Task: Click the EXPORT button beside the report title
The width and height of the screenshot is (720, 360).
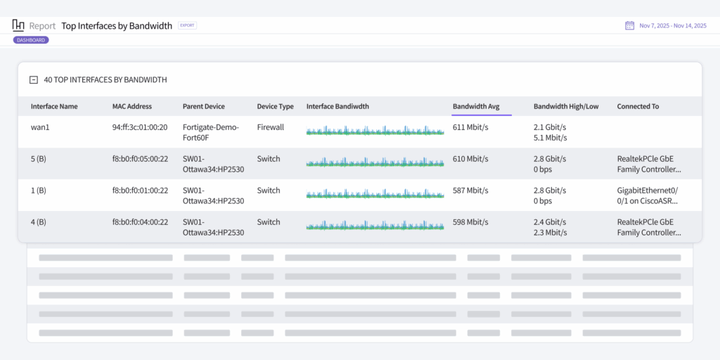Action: tap(187, 25)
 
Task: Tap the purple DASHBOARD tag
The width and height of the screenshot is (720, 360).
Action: tap(31, 40)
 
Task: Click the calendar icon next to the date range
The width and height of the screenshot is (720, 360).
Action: tap(630, 25)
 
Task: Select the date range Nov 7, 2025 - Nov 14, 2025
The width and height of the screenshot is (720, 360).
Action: tap(673, 26)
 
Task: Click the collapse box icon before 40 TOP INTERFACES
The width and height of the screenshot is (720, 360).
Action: tap(33, 80)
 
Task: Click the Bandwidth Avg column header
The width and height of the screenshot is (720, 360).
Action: tap(476, 106)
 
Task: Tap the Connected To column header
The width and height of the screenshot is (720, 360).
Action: tap(638, 106)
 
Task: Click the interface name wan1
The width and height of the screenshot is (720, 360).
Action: tap(39, 127)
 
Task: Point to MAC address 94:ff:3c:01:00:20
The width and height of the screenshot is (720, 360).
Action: tap(140, 127)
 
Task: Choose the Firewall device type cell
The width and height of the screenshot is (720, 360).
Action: tap(271, 127)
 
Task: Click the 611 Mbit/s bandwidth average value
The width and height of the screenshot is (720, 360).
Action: tap(470, 127)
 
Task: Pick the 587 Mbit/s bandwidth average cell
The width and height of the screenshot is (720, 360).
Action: tap(470, 191)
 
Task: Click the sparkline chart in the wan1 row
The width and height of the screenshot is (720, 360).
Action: tap(375, 131)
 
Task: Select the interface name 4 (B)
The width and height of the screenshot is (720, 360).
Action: tap(39, 222)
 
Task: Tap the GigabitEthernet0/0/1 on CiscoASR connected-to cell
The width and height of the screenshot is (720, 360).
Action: tap(648, 195)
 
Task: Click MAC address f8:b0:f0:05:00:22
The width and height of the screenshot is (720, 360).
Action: tap(140, 159)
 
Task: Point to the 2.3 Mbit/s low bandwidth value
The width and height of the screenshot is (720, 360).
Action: tap(551, 232)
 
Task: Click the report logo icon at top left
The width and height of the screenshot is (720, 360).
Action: tap(18, 25)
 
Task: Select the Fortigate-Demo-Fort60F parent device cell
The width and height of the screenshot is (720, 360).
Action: tap(211, 132)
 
